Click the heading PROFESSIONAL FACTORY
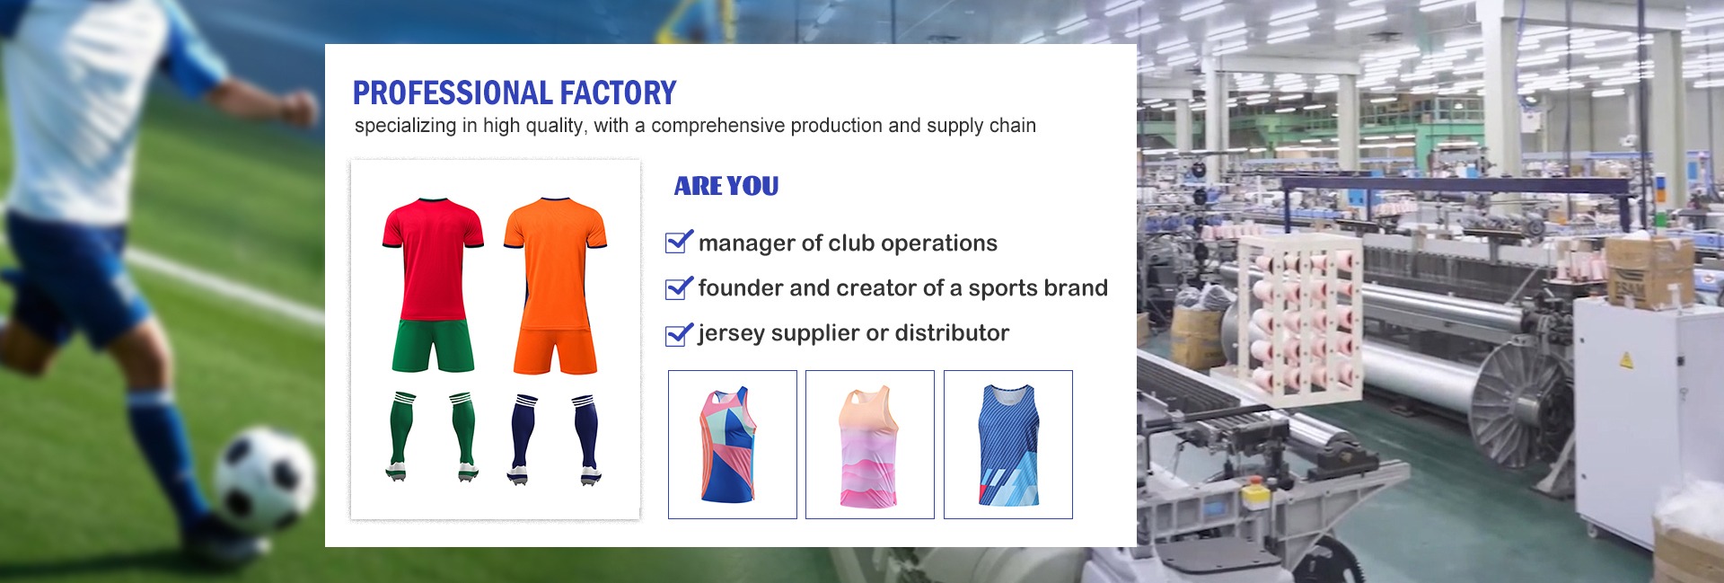click(x=514, y=93)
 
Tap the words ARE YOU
click(x=726, y=186)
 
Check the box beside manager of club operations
click(x=678, y=242)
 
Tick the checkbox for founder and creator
click(x=678, y=287)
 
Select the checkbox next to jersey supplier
click(x=678, y=333)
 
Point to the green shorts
click(x=433, y=346)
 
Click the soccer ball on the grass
click(x=264, y=480)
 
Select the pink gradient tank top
click(x=869, y=446)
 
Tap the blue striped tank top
click(x=1008, y=445)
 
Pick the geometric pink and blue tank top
click(x=727, y=445)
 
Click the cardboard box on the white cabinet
click(x=1649, y=272)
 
